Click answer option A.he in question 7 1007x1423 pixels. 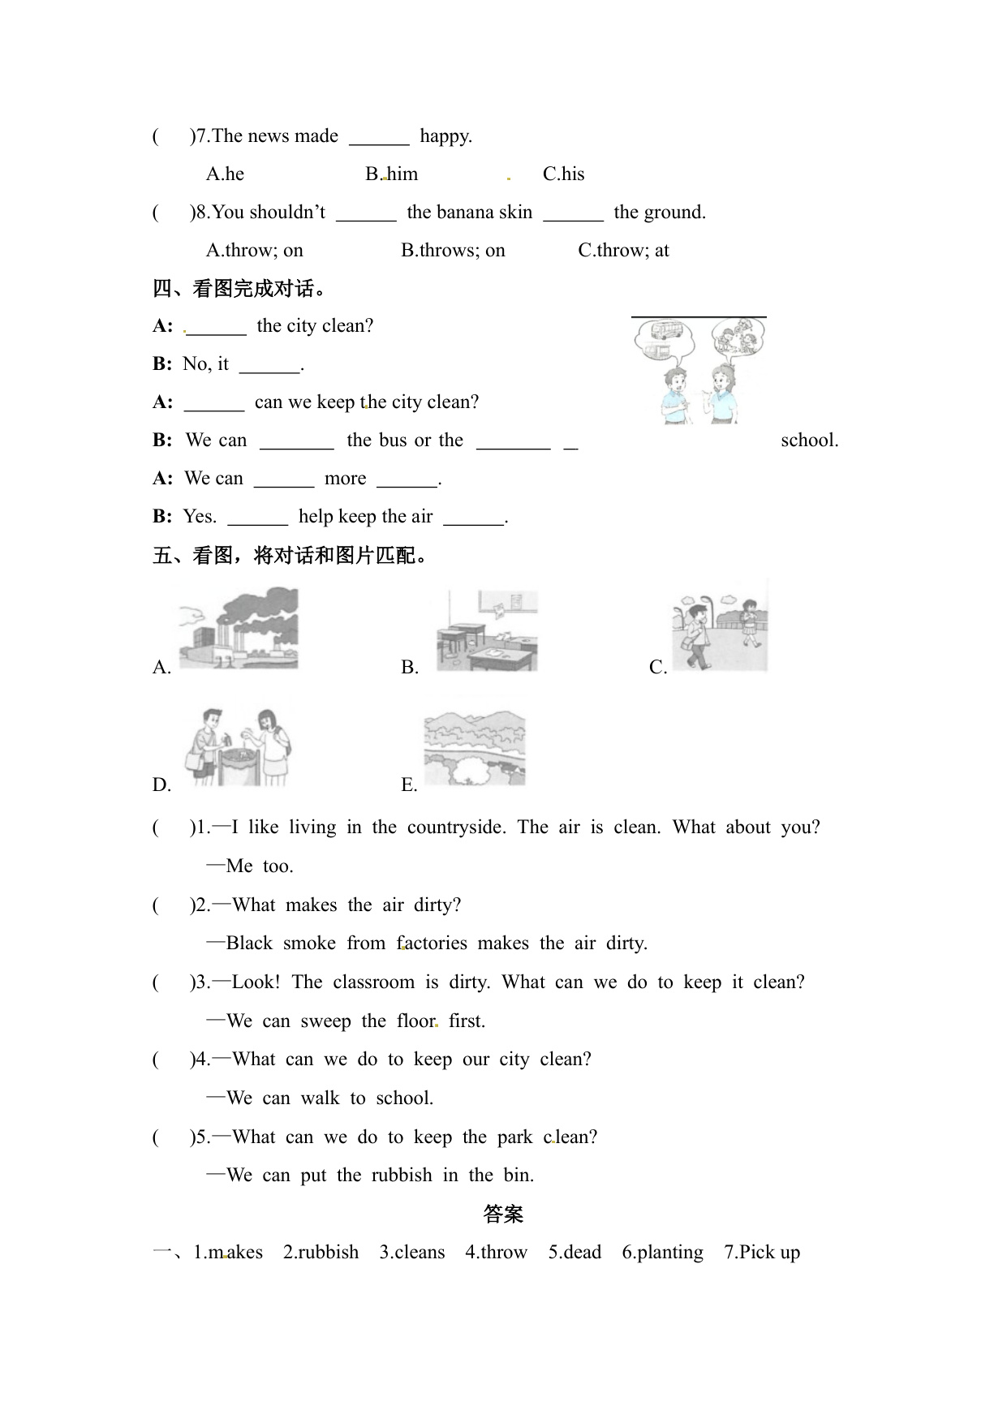click(x=225, y=174)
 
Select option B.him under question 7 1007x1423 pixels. click(x=392, y=174)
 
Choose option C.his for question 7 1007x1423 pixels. click(x=563, y=174)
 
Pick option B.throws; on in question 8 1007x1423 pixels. click(x=453, y=250)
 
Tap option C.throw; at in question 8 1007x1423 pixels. click(x=623, y=250)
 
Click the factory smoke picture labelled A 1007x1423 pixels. click(x=239, y=629)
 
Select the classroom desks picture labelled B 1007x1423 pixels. click(x=487, y=630)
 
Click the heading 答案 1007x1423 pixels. click(x=503, y=1214)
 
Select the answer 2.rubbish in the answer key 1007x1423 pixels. click(x=321, y=1252)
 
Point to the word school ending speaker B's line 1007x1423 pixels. click(x=809, y=440)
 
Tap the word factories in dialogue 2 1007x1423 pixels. click(x=432, y=943)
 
